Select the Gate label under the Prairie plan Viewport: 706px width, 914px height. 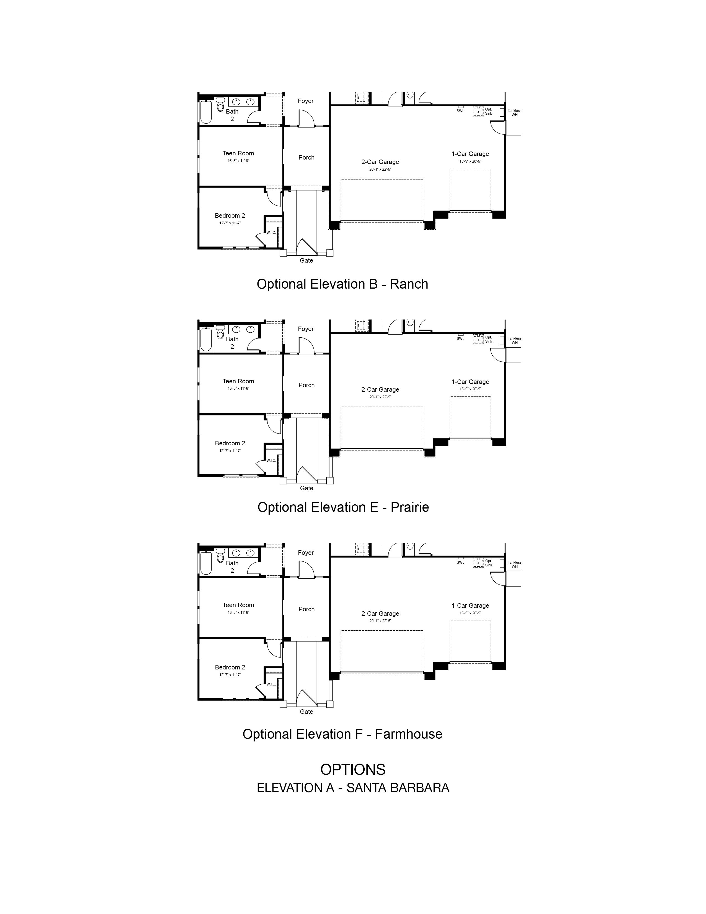(306, 488)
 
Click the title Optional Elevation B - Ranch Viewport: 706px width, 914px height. (342, 284)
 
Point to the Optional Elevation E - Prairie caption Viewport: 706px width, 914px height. (343, 507)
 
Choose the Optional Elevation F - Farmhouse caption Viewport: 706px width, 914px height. (342, 734)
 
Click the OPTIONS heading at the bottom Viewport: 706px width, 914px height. (352, 769)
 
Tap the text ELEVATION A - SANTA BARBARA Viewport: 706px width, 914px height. (353, 788)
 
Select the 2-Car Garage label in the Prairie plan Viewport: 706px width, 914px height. (380, 390)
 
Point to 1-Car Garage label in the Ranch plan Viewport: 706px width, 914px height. (470, 154)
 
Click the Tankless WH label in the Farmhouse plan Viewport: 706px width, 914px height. (514, 564)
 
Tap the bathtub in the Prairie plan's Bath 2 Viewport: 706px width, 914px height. (206, 340)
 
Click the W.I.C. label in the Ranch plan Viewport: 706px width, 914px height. (271, 232)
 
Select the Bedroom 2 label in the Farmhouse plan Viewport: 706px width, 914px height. (230, 667)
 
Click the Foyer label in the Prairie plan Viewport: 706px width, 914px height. (306, 329)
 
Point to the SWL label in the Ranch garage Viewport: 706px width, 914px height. (460, 111)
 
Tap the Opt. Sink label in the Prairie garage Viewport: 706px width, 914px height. (488, 339)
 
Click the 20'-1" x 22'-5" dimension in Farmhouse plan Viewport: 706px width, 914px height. (380, 621)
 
